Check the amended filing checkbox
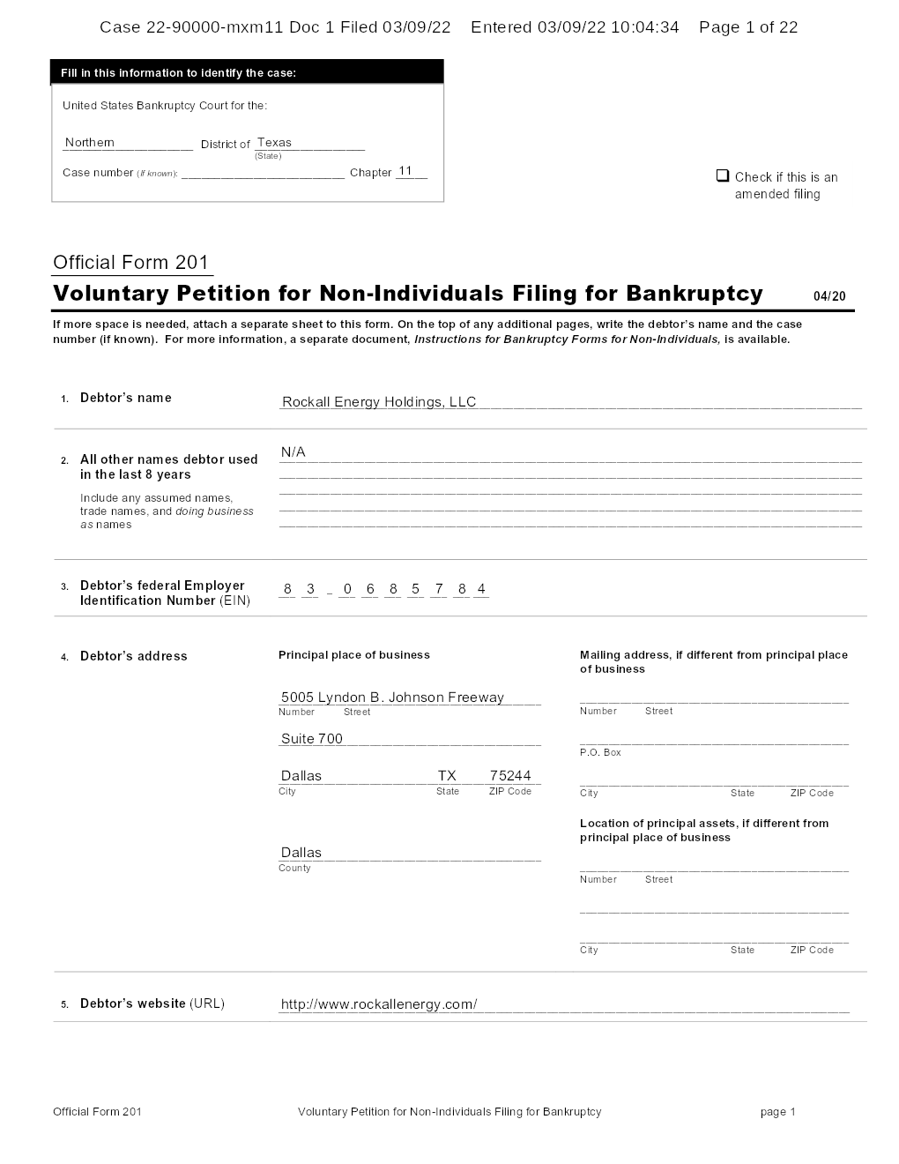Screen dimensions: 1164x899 pos(723,175)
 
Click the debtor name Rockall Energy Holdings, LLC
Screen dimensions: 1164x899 pos(378,402)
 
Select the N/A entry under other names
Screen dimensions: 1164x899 pos(293,452)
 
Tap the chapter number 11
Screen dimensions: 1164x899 pos(405,171)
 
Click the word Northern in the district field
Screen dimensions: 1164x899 pos(90,143)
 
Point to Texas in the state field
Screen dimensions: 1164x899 pos(274,143)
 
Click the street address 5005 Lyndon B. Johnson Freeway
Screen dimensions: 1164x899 pos(392,698)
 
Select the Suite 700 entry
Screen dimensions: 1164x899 pos(312,739)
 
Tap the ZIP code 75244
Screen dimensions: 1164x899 pos(510,776)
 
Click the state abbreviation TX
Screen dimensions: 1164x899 pos(447,776)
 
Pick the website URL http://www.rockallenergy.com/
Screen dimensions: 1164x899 pos(379,1004)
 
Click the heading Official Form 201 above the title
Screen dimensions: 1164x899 pos(131,263)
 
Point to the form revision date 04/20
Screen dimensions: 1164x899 pos(829,296)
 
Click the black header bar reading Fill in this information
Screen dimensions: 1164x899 pos(248,72)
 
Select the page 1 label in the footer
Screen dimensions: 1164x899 pos(777,1112)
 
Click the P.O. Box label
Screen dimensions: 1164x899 pos(600,752)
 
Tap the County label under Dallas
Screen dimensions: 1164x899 pos(294,869)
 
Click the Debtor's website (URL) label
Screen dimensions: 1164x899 pos(152,1004)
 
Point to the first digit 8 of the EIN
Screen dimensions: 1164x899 pos(287,589)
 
